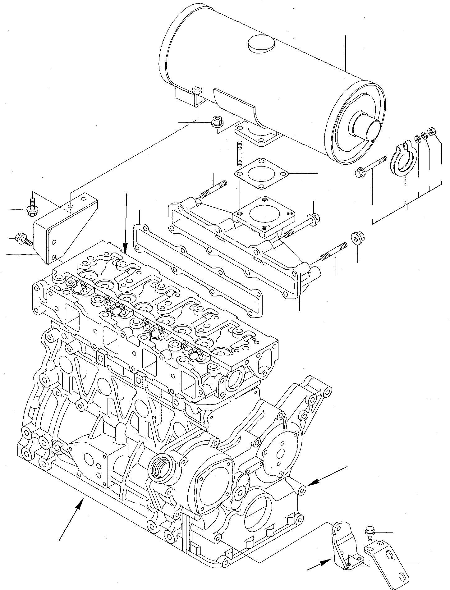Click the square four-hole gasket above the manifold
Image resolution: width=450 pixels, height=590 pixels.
point(261,174)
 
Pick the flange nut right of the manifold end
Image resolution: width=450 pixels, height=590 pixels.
point(358,238)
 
